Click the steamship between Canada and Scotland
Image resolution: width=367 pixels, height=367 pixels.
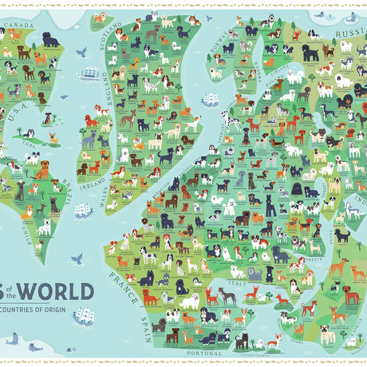pyautogui.click(x=89, y=74)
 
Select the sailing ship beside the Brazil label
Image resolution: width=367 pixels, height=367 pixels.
pyautogui.click(x=83, y=211)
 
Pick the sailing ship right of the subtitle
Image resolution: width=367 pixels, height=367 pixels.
pyautogui.click(x=83, y=317)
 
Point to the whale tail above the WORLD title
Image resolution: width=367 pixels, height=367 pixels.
pyautogui.click(x=77, y=258)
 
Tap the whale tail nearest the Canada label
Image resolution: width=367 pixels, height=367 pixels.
pyautogui.click(x=81, y=52)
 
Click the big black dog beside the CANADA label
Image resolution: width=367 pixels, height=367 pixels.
pyautogui.click(x=50, y=38)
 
